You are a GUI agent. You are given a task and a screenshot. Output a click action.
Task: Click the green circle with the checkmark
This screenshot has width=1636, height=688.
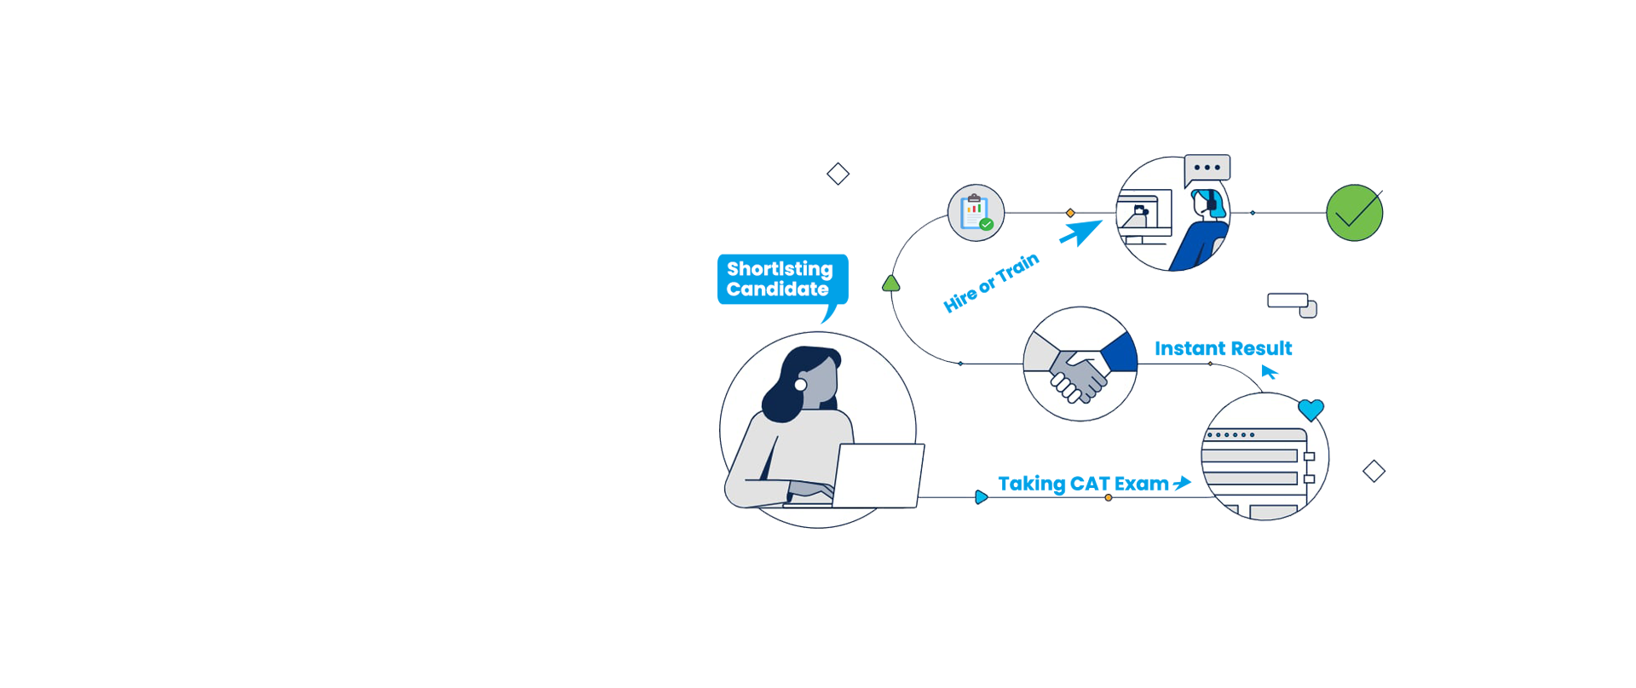point(1354,213)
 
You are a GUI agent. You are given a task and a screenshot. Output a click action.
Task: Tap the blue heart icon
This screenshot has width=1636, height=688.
point(1311,410)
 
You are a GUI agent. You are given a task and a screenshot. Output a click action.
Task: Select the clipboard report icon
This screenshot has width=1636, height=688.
point(976,213)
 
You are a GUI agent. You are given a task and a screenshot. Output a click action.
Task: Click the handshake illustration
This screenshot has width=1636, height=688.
point(1080,364)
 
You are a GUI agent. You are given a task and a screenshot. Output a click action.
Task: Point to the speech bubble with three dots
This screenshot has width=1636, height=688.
point(1207,169)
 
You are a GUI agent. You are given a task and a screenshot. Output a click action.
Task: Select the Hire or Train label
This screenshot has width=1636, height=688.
point(991,283)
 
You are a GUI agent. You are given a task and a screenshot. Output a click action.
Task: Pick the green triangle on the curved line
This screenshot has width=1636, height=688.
point(891,284)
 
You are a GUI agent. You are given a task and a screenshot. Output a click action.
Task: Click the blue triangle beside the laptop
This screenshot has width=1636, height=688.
point(982,497)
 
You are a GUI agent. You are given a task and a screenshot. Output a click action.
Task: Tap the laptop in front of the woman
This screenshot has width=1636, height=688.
point(878,476)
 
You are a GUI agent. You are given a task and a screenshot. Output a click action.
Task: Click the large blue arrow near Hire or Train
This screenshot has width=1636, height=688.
point(1081,232)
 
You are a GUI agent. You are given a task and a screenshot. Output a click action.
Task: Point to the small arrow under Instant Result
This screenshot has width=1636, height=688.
point(1269,372)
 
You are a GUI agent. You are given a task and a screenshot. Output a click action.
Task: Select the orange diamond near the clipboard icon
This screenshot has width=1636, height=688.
point(1070,213)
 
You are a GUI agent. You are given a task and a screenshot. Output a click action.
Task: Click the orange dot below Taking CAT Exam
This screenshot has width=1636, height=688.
point(1108,497)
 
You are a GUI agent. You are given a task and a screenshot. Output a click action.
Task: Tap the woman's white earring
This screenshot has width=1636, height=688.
point(800,385)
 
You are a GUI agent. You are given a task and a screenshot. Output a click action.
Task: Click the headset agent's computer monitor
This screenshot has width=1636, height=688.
point(1144,209)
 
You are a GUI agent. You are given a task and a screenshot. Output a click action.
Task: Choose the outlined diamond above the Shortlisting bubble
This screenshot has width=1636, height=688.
point(838,174)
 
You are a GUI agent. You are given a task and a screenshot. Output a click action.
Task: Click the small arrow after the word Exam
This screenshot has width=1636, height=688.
point(1182,483)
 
